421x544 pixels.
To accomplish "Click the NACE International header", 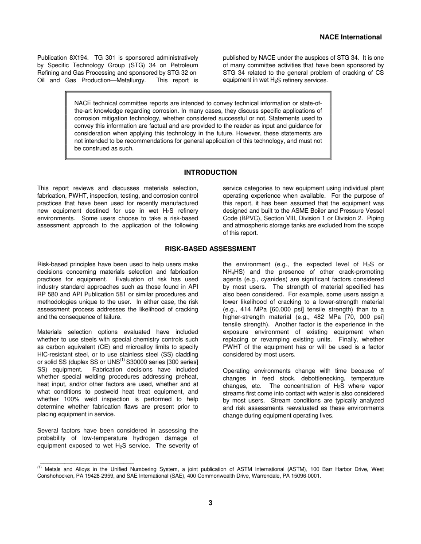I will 351,37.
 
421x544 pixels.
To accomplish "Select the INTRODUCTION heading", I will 210,172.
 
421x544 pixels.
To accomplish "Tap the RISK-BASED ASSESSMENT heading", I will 210,249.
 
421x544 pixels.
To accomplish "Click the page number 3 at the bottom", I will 210,503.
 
